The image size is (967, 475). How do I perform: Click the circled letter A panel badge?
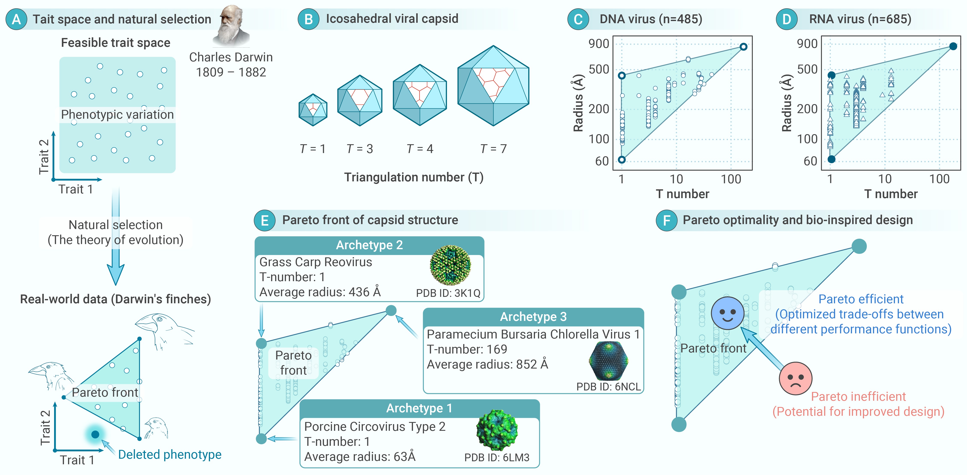point(16,19)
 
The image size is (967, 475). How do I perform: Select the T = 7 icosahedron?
point(493,86)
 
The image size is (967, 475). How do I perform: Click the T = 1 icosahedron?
point(313,110)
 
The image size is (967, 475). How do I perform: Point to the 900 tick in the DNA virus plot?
point(599,44)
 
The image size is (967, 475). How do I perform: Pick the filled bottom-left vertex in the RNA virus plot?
point(832,159)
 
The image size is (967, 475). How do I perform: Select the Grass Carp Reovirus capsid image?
point(450,266)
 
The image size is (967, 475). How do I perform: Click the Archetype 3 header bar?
point(533,317)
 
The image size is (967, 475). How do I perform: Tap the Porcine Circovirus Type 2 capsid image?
point(497,430)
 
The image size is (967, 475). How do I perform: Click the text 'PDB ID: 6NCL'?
point(608,387)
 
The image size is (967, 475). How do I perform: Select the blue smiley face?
point(727,313)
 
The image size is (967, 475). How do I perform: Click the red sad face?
point(795,378)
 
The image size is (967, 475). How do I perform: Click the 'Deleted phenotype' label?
point(170,454)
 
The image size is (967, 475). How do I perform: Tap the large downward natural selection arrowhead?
point(116,274)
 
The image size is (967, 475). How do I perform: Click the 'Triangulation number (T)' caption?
point(414,177)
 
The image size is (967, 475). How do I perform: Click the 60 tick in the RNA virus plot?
point(810,161)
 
